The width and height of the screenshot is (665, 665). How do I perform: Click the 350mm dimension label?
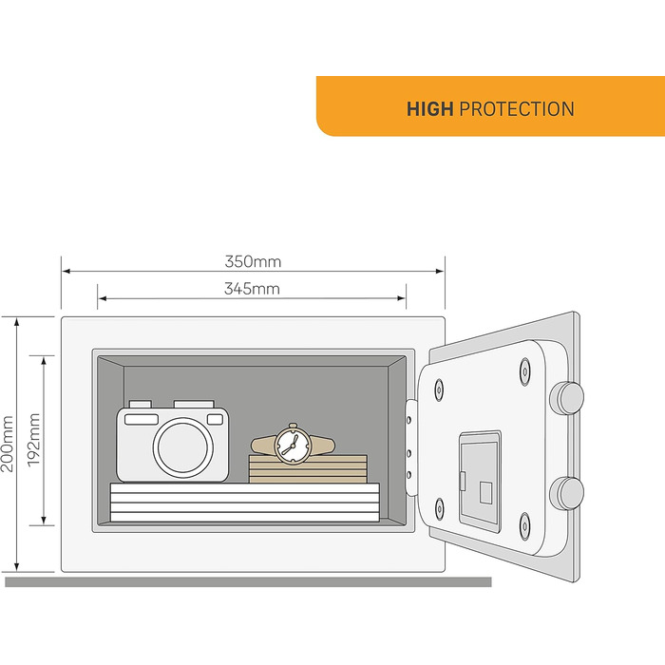pos(253,261)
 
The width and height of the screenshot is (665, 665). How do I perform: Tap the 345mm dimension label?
pos(252,289)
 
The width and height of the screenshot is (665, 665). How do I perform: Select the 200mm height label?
pos(8,444)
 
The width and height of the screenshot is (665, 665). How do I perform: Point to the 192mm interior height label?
pos(34,440)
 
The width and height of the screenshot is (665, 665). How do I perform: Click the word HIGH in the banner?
pos(430,109)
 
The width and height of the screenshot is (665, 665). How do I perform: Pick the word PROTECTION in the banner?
pos(517,109)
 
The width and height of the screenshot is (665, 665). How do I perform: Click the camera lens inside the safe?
pos(183,446)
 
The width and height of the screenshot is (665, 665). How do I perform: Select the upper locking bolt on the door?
pos(566,397)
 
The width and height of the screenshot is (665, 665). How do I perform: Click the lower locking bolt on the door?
pos(566,492)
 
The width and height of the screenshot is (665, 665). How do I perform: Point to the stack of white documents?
pos(245,503)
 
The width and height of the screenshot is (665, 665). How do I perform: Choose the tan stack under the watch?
pos(308,469)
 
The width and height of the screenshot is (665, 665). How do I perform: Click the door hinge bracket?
pos(410,447)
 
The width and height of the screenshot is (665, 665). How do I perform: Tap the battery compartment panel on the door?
pos(480,479)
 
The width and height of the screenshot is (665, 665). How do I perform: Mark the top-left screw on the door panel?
pos(439,389)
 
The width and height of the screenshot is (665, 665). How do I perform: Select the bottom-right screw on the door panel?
pos(524,526)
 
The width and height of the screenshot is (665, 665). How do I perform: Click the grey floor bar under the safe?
pos(248,581)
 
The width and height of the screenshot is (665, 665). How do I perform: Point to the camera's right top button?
pos(194,404)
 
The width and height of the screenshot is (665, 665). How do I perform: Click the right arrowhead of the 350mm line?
pos(440,271)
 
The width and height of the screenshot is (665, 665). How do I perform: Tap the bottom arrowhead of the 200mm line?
pos(17,566)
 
